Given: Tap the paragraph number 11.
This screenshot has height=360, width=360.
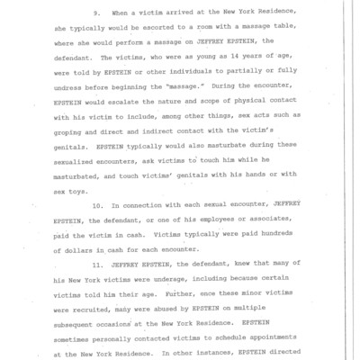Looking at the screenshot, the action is [x=111, y=267].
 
